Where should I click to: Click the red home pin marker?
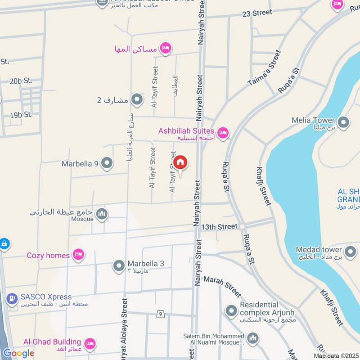pyautogui.click(x=180, y=162)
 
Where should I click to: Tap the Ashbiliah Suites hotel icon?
pyautogui.click(x=223, y=133)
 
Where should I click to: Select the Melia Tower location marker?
pyautogui.click(x=344, y=122)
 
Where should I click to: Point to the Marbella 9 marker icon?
pyautogui.click(x=107, y=163)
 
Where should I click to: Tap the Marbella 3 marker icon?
pyautogui.click(x=119, y=265)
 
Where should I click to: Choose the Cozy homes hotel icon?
pyautogui.click(x=79, y=255)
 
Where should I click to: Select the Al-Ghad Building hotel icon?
pyautogui.click(x=90, y=344)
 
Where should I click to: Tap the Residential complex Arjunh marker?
pyautogui.click(x=231, y=310)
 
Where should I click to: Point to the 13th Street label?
pyautogui.click(x=219, y=227)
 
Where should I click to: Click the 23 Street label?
pyautogui.click(x=256, y=13)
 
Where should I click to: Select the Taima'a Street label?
pyautogui.click(x=264, y=69)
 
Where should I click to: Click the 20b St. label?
pyautogui.click(x=21, y=81)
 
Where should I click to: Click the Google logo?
pyautogui.click(x=18, y=353)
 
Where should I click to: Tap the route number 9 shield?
pyautogui.click(x=160, y=314)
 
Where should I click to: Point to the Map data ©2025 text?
pyautogui.click(x=335, y=355)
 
